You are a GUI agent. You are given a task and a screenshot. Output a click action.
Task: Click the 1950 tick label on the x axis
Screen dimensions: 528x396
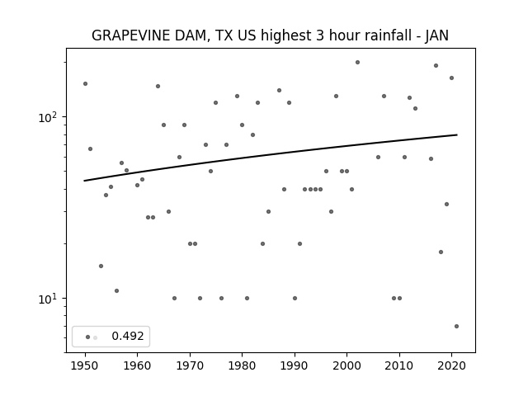(x=85, y=365)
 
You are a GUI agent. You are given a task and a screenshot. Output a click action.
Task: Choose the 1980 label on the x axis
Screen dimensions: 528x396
(x=243, y=365)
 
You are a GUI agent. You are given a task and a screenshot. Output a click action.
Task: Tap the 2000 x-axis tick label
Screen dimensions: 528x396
(x=347, y=365)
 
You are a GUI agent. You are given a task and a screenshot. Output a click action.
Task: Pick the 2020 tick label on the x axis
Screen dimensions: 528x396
(x=452, y=365)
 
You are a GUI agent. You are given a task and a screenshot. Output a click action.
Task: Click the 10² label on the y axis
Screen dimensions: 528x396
(x=49, y=117)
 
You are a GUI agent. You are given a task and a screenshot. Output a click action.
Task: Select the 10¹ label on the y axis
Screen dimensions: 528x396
(x=49, y=299)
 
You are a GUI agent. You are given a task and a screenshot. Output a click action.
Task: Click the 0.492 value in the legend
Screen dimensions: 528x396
(x=128, y=336)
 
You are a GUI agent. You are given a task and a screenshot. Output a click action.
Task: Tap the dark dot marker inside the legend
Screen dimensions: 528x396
(x=88, y=337)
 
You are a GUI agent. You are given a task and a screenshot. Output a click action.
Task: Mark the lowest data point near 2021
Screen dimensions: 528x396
(x=456, y=327)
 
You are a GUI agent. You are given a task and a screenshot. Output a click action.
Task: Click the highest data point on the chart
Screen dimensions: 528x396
(x=357, y=63)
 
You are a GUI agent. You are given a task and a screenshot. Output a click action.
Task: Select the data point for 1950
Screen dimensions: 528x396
(x=85, y=84)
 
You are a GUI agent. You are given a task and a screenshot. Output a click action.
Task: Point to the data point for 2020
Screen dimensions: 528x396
(x=451, y=78)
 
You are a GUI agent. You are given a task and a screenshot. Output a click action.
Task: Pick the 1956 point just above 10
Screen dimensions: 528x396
(x=116, y=291)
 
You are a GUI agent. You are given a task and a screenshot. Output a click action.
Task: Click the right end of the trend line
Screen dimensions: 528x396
(x=457, y=134)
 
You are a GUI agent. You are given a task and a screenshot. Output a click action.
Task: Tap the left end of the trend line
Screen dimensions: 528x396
(x=84, y=181)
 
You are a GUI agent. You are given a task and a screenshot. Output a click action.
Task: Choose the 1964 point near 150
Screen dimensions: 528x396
(x=158, y=86)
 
